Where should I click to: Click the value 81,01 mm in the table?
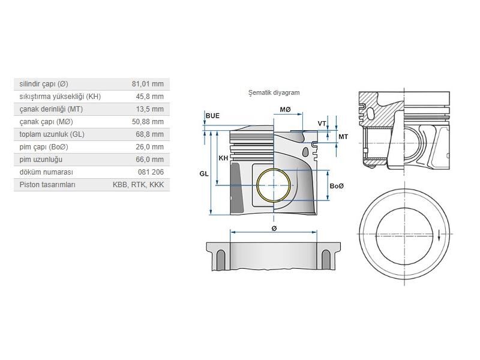(x=148, y=84)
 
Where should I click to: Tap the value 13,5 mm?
(x=149, y=109)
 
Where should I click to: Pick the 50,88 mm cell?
(x=148, y=122)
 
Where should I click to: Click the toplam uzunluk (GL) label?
(x=52, y=134)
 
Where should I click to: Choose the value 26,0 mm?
(x=149, y=147)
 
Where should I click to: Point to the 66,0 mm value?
(x=149, y=160)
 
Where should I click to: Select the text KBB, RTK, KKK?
(x=138, y=185)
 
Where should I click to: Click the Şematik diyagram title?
(x=274, y=93)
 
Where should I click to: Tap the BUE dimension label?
(x=212, y=115)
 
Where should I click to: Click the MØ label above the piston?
(x=285, y=110)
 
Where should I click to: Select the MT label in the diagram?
(x=343, y=137)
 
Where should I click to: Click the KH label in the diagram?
(x=223, y=158)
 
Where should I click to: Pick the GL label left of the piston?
(x=204, y=173)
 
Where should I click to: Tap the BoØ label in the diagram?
(x=337, y=186)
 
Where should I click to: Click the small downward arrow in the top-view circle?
(x=439, y=235)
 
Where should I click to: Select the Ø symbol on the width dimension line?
(x=274, y=229)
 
